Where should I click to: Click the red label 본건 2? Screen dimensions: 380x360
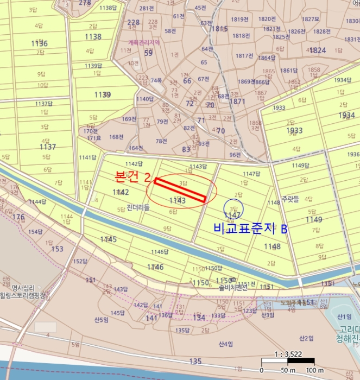pyautogui.click(x=132, y=176)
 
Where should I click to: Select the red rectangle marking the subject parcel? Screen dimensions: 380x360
pyautogui.click(x=180, y=190)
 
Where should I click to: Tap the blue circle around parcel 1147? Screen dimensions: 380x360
pyautogui.click(x=233, y=209)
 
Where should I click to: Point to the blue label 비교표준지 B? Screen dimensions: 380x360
pyautogui.click(x=250, y=229)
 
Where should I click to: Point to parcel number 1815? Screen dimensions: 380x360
pyautogui.click(x=219, y=29)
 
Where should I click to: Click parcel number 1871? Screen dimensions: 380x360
pyautogui.click(x=237, y=102)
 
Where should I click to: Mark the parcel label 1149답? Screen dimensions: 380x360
pyautogui.click(x=300, y=165)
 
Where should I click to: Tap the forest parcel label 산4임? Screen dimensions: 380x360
pyautogui.click(x=226, y=344)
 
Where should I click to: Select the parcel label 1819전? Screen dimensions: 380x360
pyautogui.click(x=239, y=19)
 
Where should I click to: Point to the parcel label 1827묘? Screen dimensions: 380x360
pyautogui.click(x=311, y=18)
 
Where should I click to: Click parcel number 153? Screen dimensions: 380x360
pyautogui.click(x=57, y=249)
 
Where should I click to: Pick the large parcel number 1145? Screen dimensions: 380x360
pyautogui.click(x=109, y=239)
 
